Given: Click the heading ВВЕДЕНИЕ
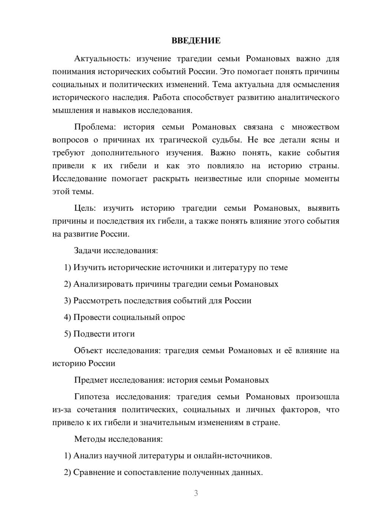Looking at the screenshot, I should tap(196, 41).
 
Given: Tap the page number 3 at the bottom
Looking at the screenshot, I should tap(196, 493).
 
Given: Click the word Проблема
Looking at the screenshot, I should tap(94, 127).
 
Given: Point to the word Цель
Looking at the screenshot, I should tap(85, 208).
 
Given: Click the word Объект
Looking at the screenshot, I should tap(88, 351).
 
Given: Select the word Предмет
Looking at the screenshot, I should tap(91, 380).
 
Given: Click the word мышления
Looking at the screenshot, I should tap(71, 110).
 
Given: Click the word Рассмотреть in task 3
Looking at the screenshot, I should tap(97, 301).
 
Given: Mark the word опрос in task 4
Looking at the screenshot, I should tap(173, 317).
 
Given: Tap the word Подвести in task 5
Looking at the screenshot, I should tap(89, 334).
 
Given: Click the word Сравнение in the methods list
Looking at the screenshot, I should tap(94, 473).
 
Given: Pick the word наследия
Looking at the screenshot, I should tap(130, 97).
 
